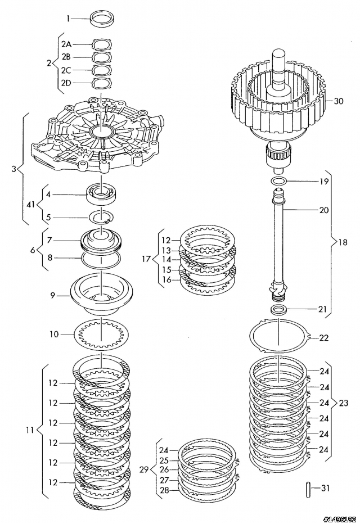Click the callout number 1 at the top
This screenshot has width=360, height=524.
tap(69, 19)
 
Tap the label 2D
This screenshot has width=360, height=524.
tap(66, 83)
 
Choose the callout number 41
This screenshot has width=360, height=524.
tap(30, 204)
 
